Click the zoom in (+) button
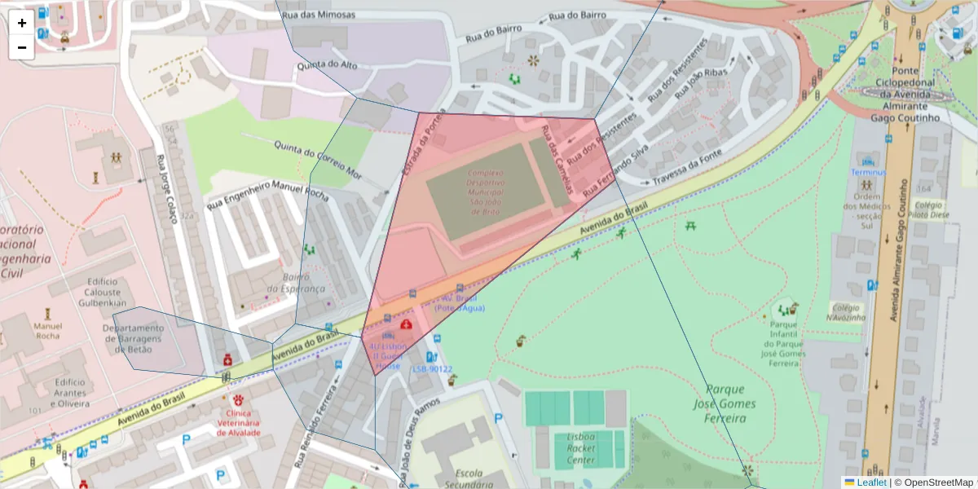(21, 23)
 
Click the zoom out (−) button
(21, 47)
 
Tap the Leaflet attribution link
(871, 482)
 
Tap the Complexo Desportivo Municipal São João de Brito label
(485, 192)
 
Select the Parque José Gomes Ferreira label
(720, 403)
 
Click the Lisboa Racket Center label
(580, 449)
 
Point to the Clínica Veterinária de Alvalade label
(238, 422)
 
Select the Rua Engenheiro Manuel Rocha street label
(267, 195)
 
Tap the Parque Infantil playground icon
(787, 310)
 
